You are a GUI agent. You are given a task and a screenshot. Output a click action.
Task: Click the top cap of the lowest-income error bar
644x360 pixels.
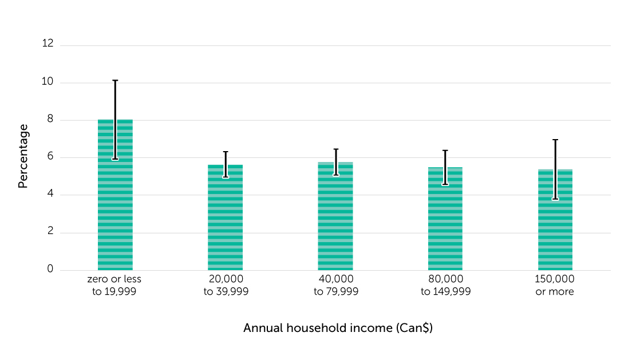tap(115, 81)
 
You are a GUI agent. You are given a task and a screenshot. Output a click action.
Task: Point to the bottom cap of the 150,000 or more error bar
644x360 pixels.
tap(555, 199)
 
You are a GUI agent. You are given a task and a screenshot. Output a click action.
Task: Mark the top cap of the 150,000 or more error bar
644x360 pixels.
tap(555, 140)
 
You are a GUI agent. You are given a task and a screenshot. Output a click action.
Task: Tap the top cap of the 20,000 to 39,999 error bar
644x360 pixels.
tap(225, 152)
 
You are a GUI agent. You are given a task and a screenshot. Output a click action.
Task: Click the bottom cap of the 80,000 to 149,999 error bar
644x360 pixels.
tap(445, 184)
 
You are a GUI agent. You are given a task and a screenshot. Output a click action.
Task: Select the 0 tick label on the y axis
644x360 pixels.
tap(50, 270)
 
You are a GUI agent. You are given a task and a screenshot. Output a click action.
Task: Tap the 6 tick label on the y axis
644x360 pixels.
tap(50, 157)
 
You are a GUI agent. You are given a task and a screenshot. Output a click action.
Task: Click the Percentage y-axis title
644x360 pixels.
tap(23, 156)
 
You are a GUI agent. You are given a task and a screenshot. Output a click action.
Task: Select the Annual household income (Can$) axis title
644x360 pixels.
tap(338, 329)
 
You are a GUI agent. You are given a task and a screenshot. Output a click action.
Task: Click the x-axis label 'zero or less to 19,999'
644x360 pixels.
tap(114, 285)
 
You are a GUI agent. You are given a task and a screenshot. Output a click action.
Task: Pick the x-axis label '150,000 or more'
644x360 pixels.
tap(555, 285)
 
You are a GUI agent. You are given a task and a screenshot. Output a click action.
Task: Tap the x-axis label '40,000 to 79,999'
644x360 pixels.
tap(335, 285)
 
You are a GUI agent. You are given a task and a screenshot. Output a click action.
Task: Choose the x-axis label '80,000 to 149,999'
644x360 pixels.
tap(445, 285)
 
